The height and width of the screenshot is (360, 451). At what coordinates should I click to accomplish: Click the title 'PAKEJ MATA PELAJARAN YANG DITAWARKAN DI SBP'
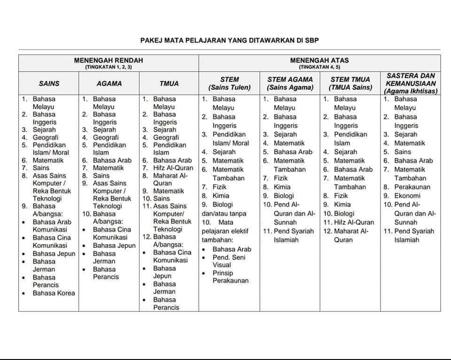point(230,40)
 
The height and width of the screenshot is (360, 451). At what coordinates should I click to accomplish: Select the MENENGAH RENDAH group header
point(109,61)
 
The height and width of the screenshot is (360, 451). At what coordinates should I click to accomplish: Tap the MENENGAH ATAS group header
point(319,61)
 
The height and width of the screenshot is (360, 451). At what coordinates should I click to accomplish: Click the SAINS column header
point(49,84)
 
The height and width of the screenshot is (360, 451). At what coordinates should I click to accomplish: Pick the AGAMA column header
point(109,84)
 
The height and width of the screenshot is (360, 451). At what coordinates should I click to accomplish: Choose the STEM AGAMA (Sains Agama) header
point(290,84)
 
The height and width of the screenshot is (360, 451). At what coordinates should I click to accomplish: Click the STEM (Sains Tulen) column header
point(230,84)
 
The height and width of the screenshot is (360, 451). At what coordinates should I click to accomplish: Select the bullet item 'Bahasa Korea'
point(54,293)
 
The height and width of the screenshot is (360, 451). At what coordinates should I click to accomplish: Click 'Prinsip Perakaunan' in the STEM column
point(230,277)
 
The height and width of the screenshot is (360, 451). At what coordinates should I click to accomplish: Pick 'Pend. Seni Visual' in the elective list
point(229,261)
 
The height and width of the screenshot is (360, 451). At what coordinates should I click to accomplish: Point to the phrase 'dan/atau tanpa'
point(224,214)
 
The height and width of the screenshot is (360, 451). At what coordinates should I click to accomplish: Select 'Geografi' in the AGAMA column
point(106,138)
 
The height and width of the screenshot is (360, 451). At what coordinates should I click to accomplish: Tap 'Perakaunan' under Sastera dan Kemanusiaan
point(412,187)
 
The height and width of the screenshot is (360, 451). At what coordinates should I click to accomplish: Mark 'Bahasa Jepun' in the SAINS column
point(54,254)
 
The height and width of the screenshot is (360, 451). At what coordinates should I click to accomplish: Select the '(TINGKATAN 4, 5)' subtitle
point(319,67)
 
